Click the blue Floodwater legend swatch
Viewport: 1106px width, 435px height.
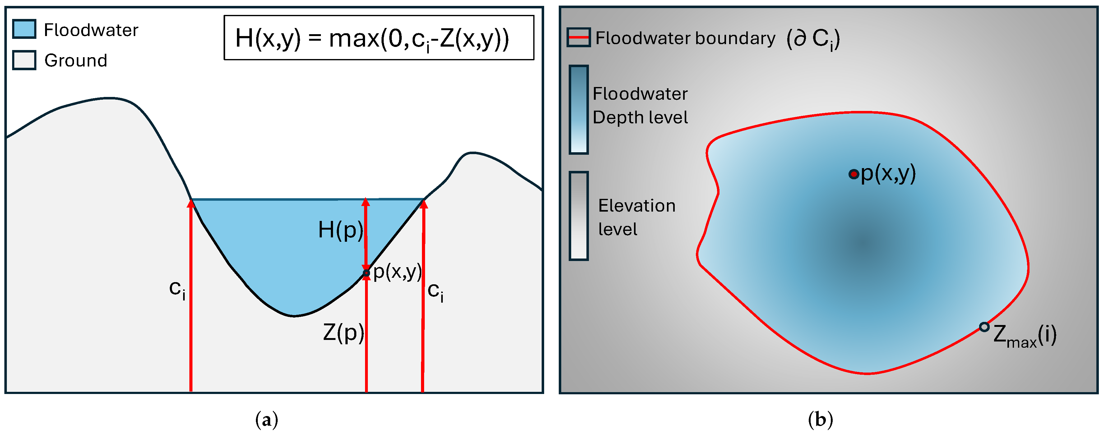coord(24,29)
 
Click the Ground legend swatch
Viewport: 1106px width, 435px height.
coord(24,60)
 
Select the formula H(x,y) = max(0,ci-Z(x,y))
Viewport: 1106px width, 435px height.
coord(372,39)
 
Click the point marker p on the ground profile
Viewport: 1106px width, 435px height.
coord(366,272)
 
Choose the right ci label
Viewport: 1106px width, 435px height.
coord(435,292)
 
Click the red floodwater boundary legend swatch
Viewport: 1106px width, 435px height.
coord(578,37)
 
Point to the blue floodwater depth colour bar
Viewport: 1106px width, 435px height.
coord(578,109)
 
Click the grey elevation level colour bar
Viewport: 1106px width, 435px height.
coord(578,216)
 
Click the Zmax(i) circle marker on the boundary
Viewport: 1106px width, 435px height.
coord(984,327)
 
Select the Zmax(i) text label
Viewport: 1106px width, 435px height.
coord(1025,336)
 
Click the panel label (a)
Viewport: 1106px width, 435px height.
coord(266,419)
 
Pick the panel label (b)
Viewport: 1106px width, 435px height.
coord(820,419)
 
